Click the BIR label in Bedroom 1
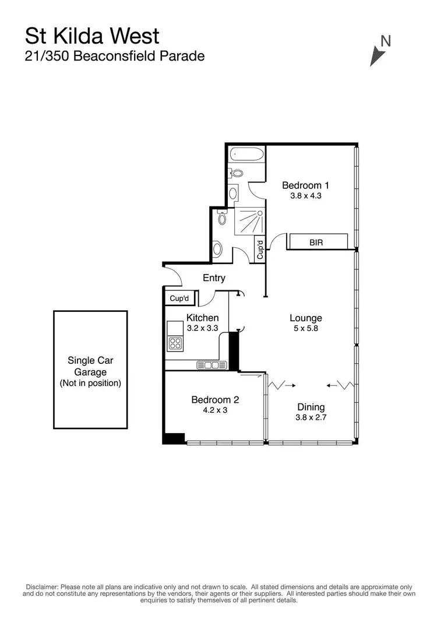[316, 242]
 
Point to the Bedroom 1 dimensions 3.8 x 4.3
[306, 196]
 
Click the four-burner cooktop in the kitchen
[175, 343]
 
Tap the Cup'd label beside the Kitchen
[179, 299]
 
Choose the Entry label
[214, 278]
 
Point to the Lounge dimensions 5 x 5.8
[306, 328]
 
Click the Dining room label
[311, 407]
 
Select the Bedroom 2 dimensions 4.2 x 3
[215, 410]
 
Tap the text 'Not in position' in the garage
[90, 383]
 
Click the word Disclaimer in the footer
[40, 587]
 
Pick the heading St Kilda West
[91, 36]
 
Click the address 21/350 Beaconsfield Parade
[114, 57]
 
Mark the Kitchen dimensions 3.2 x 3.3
[202, 328]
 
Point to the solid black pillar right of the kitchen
[234, 350]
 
